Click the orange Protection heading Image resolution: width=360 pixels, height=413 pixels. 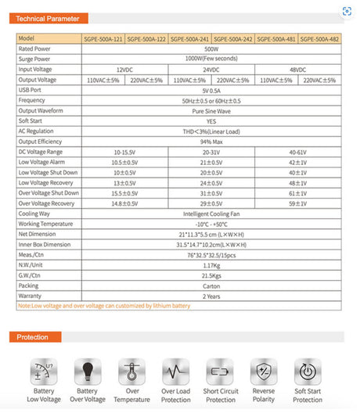[38, 337]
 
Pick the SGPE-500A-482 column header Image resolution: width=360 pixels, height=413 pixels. [319, 38]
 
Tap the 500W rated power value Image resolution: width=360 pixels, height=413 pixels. [211, 48]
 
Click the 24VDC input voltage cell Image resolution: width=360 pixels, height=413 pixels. [211, 70]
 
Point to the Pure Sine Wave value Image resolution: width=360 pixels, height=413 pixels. [211, 110]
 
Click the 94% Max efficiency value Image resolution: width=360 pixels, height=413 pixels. [211, 142]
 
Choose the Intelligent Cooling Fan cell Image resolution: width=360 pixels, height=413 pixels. [211, 213]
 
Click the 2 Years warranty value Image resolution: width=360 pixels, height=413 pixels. [211, 296]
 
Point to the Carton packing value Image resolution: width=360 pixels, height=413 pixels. [211, 285]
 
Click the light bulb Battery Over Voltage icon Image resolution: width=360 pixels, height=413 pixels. [88, 372]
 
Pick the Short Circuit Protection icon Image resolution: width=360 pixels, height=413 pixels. [220, 372]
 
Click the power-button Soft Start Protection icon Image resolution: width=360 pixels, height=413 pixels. [308, 372]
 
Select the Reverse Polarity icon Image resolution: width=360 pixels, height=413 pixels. [265, 372]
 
